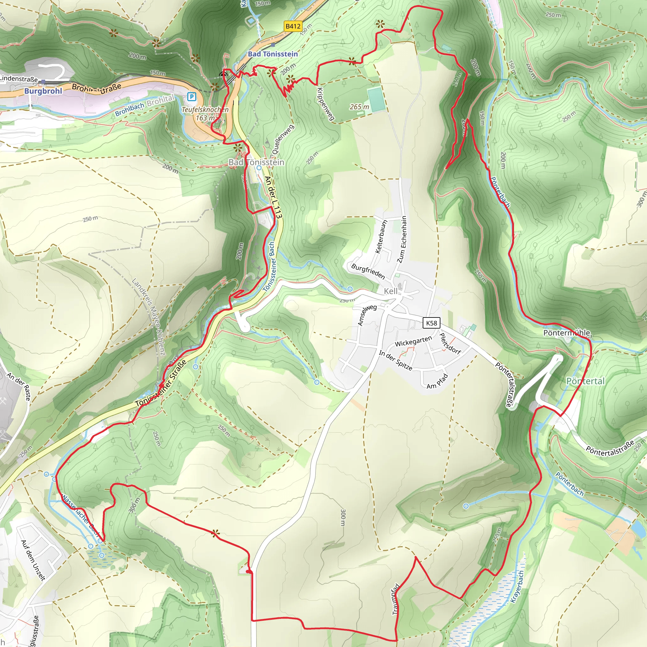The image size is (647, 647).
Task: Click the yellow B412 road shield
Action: point(293,26)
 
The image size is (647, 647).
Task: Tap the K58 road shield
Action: point(431,323)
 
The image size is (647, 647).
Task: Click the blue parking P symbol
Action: point(191,97)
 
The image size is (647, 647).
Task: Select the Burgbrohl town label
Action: point(43,91)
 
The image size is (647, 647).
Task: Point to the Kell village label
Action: point(390,291)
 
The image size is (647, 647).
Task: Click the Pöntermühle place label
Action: point(567,333)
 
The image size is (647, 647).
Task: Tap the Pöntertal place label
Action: point(585,381)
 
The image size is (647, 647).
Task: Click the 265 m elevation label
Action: point(359,107)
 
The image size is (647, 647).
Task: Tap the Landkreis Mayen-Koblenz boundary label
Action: point(149,316)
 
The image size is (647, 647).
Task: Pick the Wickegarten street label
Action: point(414,341)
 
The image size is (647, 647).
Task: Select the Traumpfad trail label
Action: point(396,599)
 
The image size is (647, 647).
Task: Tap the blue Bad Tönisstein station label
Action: point(273,54)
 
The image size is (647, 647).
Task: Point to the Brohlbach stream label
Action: point(130,109)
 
